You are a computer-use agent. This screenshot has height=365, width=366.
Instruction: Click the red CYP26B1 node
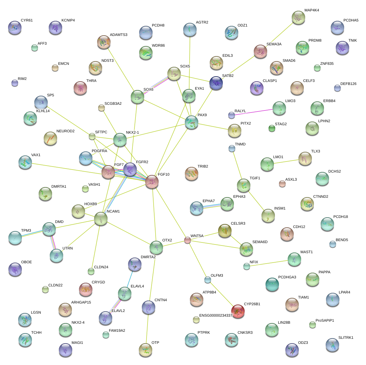pyautogui.click(x=238, y=311)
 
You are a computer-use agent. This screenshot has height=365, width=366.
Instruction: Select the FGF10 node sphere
pyautogui.click(x=152, y=182)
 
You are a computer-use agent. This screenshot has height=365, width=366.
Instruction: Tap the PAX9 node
pyautogui.click(x=192, y=122)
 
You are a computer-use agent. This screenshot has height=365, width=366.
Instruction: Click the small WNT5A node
pyautogui.click(x=188, y=240)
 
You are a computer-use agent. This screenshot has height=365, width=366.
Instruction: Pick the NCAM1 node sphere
pyautogui.click(x=101, y=219)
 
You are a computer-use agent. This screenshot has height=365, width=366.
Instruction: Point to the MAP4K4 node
pyautogui.click(x=298, y=17)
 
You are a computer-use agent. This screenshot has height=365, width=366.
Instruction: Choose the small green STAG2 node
pyautogui.click(x=272, y=128)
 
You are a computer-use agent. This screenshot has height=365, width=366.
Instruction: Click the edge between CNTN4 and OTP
pyautogui.click(x=147, y=328)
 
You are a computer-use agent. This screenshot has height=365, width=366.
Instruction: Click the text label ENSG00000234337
pyautogui.click(x=216, y=316)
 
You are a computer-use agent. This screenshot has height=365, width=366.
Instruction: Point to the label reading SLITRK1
pyautogui.click(x=346, y=337)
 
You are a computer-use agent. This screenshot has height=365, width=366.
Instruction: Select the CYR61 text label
pyautogui.click(x=27, y=20)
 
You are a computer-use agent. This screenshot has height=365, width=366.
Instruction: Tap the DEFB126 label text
pyautogui.click(x=348, y=84)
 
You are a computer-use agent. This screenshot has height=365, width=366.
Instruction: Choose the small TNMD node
pyautogui.click(x=232, y=148)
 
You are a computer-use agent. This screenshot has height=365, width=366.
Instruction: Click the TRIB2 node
pyautogui.click(x=192, y=173)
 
